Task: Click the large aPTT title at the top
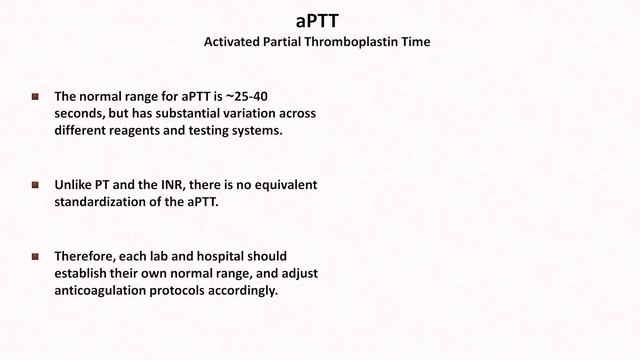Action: coord(319,20)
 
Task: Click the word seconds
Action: coord(81,114)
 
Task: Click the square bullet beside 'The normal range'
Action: coord(35,97)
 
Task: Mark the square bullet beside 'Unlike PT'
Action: coord(35,185)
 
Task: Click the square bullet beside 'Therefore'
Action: coord(35,256)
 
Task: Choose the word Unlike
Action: coord(75,185)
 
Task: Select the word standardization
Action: coord(102,202)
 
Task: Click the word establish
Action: coord(83,273)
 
